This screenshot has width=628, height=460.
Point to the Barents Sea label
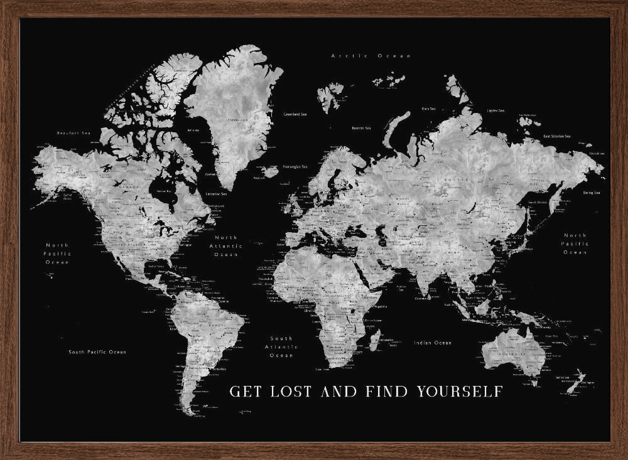361,128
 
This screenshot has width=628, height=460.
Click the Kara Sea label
430,108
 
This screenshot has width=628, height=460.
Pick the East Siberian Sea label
556,136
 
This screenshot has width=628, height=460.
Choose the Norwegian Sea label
295,167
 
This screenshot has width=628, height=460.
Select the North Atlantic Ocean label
225,246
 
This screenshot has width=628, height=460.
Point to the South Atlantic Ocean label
281,346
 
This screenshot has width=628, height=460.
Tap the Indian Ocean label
433,343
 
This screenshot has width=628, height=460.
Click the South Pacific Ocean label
97,352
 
